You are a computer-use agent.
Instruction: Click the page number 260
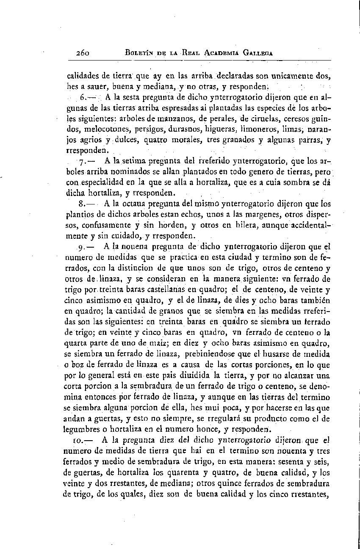(x=80, y=53)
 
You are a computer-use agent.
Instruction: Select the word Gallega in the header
(x=255, y=53)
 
